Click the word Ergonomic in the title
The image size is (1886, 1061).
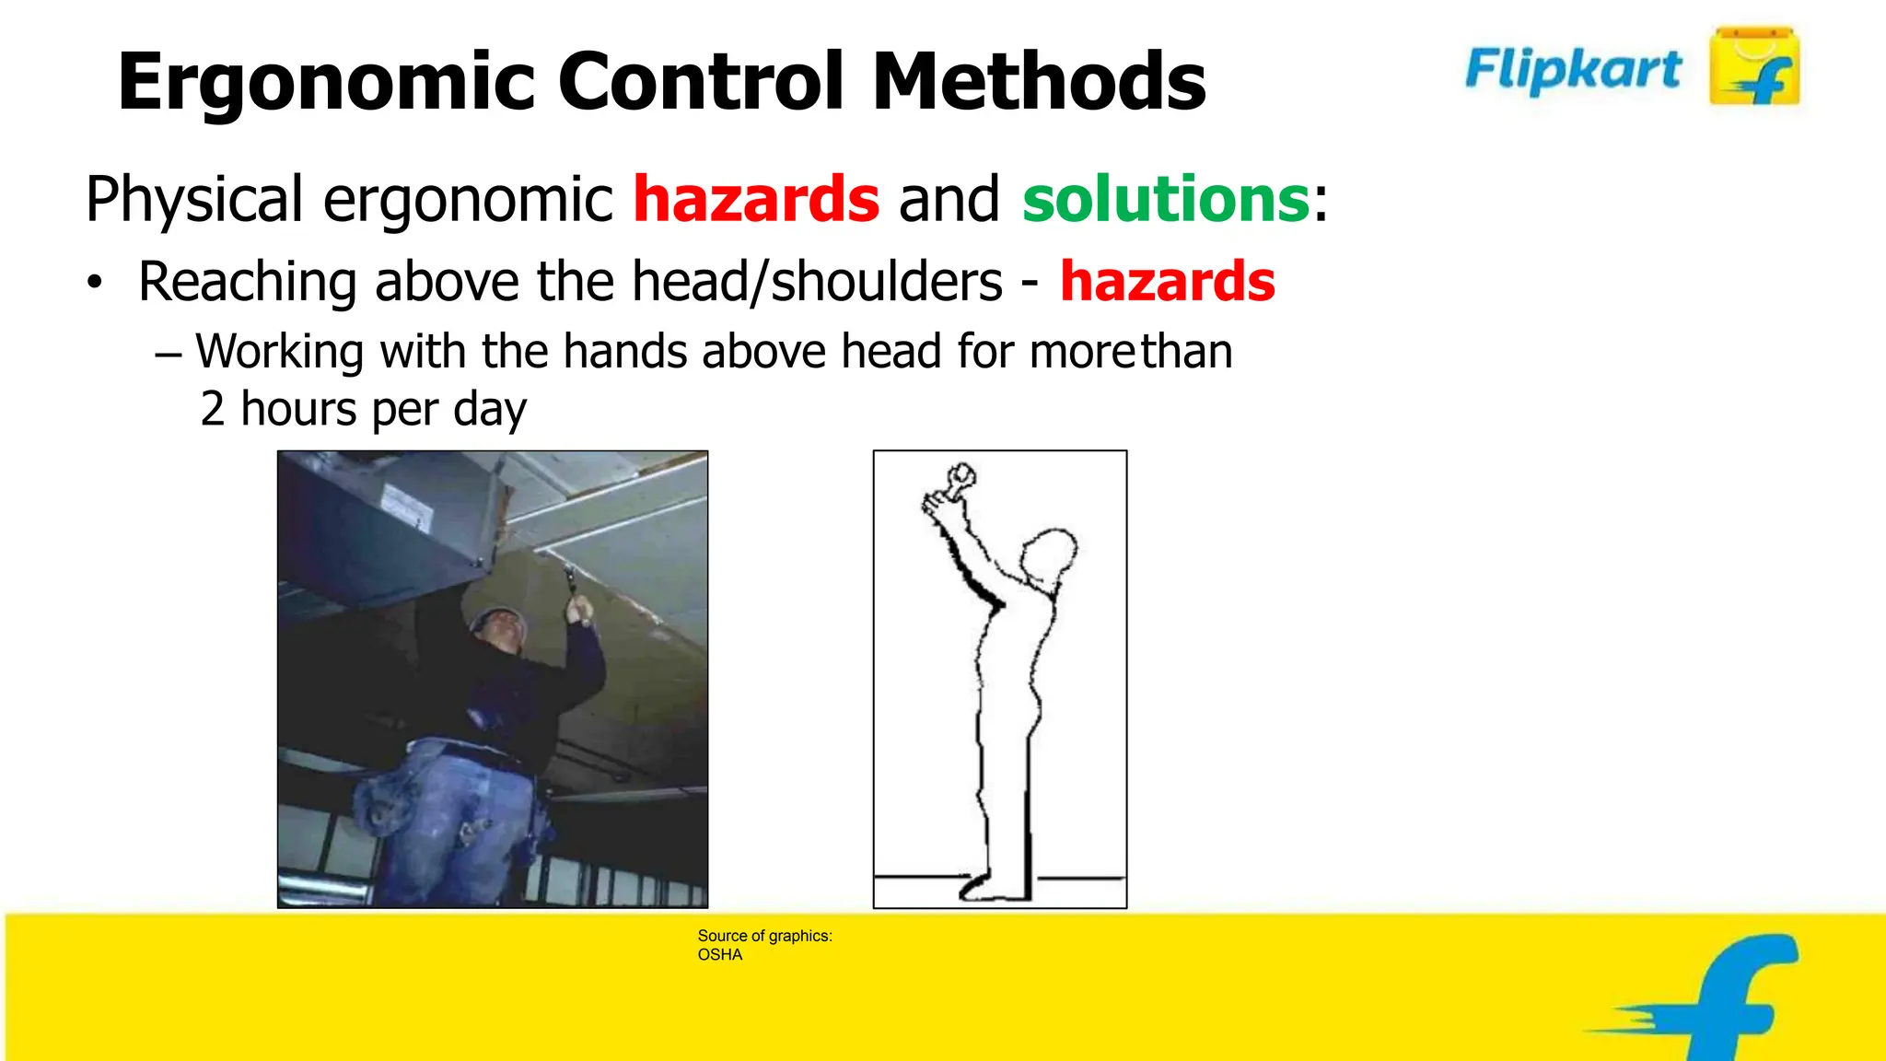327,83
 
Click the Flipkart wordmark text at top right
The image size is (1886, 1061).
1573,69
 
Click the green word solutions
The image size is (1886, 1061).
1166,199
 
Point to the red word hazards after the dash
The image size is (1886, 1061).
1168,281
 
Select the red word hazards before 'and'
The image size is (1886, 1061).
756,199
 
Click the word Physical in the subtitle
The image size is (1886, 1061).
194,199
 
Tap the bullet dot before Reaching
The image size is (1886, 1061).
95,284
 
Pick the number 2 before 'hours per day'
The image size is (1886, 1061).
212,409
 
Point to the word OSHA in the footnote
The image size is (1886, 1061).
719,955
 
